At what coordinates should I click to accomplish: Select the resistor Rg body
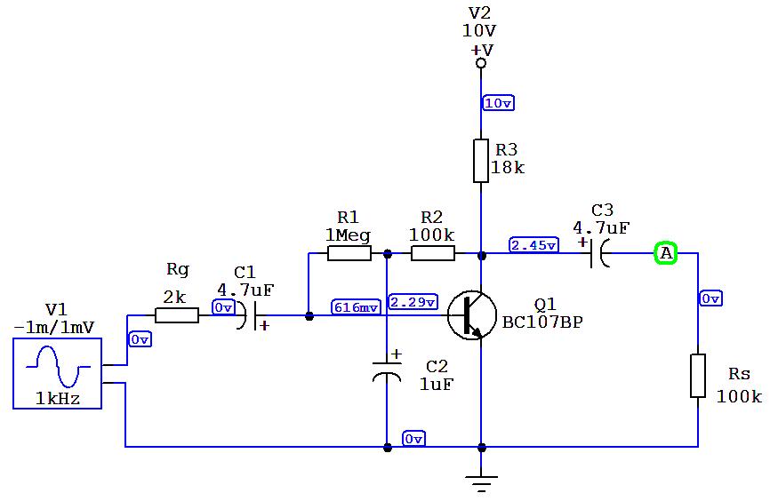click(177, 314)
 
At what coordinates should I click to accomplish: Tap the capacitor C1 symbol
click(248, 315)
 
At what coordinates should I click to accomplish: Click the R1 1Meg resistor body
click(349, 254)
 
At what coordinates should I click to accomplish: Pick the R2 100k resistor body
click(433, 254)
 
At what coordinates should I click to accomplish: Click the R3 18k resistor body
click(481, 161)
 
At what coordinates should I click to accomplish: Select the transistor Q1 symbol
click(468, 315)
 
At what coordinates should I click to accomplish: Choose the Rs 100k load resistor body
click(698, 377)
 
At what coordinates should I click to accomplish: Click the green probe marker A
click(666, 254)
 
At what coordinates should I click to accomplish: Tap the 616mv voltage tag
click(356, 306)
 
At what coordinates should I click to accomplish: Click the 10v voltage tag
click(498, 103)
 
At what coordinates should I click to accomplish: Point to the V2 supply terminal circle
click(481, 64)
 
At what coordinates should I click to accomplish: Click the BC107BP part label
click(542, 322)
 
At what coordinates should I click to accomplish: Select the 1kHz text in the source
click(58, 400)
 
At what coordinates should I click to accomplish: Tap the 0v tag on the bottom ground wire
click(413, 439)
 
